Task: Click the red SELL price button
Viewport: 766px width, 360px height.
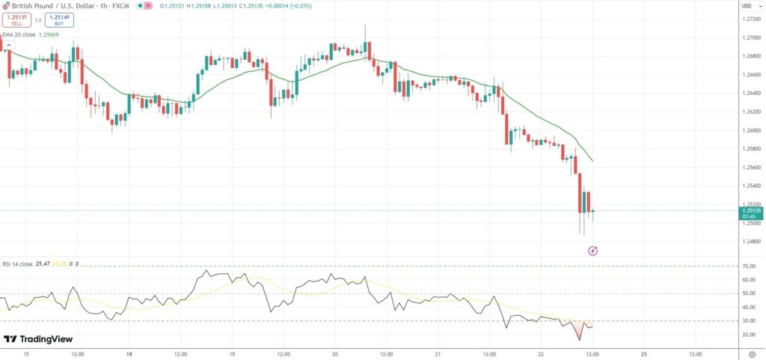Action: click(16, 19)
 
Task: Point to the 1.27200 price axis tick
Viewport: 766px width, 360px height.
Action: click(749, 19)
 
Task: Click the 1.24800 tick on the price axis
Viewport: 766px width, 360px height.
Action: click(749, 241)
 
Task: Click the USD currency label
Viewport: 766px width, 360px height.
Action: click(747, 6)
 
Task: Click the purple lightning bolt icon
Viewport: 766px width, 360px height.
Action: click(592, 251)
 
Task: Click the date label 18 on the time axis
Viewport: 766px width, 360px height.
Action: click(129, 354)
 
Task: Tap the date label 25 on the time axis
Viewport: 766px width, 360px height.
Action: click(644, 354)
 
